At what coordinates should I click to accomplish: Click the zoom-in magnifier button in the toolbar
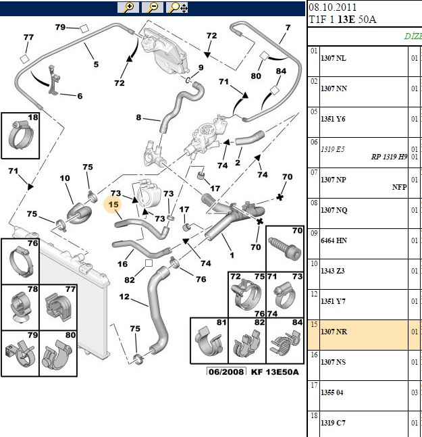[x=128, y=7]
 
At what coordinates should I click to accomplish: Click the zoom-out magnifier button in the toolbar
[x=153, y=7]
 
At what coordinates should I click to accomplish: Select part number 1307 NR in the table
[x=334, y=332]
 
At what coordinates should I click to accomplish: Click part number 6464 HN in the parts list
[x=334, y=240]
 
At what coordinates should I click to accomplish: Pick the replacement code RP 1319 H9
[x=389, y=157]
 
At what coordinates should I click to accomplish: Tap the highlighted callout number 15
[x=113, y=205]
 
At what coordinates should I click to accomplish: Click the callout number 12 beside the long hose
[x=124, y=297]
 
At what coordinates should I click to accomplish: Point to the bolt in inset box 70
[x=285, y=248]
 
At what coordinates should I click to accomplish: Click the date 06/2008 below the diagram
[x=226, y=371]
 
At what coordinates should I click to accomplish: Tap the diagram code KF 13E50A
[x=275, y=372]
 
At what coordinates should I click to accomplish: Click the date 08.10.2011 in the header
[x=332, y=7]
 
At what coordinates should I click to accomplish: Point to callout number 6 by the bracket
[x=80, y=96]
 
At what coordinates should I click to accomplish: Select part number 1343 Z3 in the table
[x=333, y=271]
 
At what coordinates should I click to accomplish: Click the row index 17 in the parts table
[x=314, y=386]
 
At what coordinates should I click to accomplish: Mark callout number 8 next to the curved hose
[x=138, y=118]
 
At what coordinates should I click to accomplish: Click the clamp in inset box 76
[x=21, y=262]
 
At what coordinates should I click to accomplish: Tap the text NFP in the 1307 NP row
[x=399, y=187]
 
